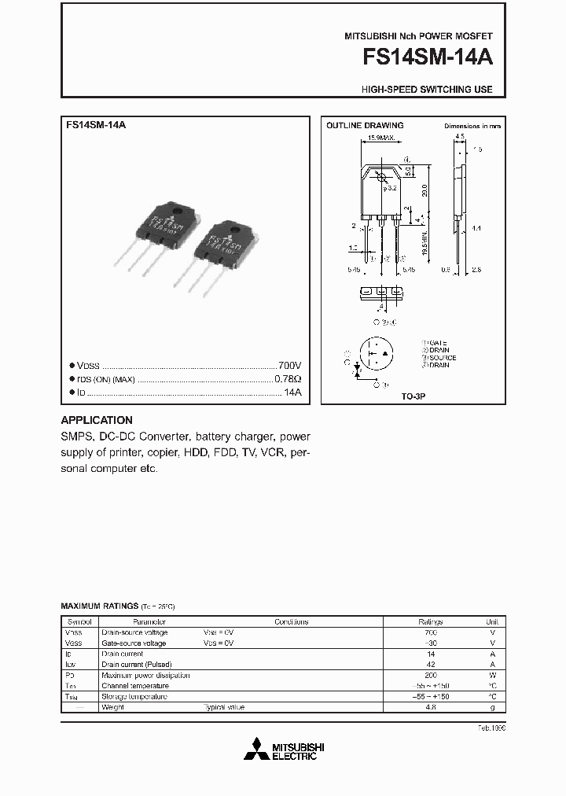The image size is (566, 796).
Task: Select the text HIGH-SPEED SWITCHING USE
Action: (x=427, y=90)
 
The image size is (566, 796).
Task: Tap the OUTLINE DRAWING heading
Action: (x=364, y=126)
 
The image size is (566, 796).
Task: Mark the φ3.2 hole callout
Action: (x=391, y=188)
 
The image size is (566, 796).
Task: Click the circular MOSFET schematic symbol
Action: (x=376, y=356)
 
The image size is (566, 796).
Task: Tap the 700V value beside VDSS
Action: (x=290, y=366)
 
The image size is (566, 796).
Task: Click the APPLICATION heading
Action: (x=97, y=420)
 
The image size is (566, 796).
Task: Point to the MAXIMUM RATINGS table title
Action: (x=99, y=606)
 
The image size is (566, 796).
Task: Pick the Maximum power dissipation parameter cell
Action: (x=145, y=676)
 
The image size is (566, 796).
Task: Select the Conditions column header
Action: (x=291, y=621)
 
